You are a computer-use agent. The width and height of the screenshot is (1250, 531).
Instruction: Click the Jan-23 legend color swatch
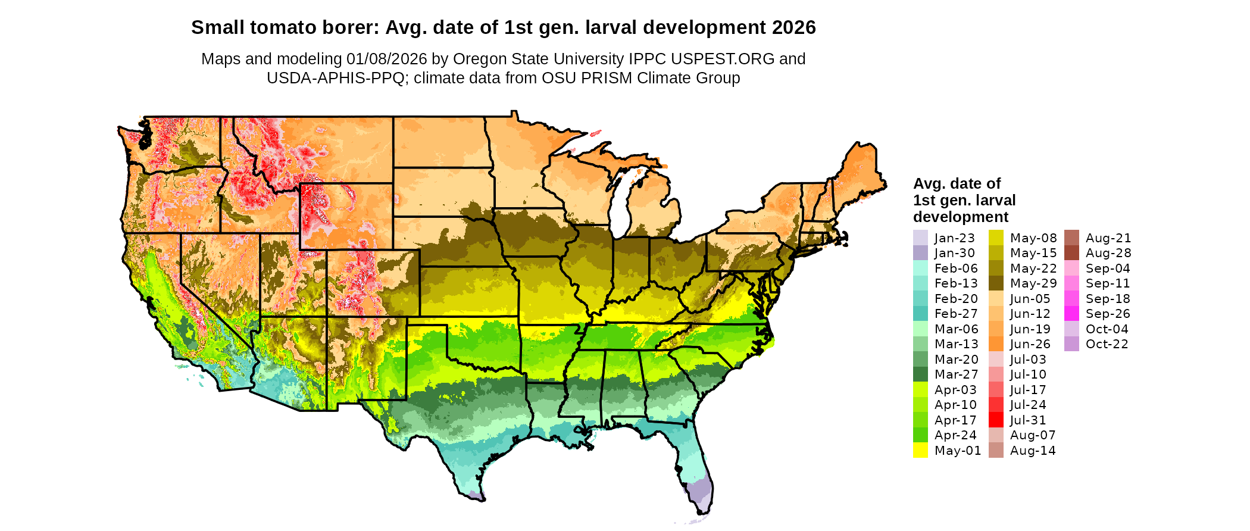click(x=920, y=238)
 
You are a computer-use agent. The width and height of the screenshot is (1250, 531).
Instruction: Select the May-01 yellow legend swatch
click(x=920, y=450)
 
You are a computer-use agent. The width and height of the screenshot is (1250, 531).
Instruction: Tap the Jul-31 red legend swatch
click(x=996, y=420)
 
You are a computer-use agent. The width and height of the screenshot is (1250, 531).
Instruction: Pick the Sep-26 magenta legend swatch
click(x=1071, y=313)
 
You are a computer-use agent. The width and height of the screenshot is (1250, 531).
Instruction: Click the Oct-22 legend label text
click(x=1107, y=344)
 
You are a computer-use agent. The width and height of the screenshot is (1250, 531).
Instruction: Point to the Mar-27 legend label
click(x=956, y=374)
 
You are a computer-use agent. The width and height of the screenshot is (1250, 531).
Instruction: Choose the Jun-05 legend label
click(x=1030, y=299)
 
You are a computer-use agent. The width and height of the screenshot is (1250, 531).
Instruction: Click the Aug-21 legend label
click(x=1108, y=238)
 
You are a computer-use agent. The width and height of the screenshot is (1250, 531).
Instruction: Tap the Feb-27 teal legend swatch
click(x=920, y=313)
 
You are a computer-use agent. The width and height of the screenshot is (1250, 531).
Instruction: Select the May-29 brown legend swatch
click(x=996, y=283)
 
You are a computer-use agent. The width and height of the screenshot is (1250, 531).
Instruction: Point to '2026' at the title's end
click(x=793, y=28)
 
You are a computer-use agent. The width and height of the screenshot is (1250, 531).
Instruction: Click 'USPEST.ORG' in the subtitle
click(x=723, y=59)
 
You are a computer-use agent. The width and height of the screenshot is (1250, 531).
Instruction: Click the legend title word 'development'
click(x=961, y=217)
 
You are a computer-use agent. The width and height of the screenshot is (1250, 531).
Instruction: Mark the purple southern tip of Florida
click(x=700, y=493)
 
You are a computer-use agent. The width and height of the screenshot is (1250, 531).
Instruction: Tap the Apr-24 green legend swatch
click(x=920, y=435)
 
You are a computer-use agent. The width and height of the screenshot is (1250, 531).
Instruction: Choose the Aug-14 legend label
click(x=1033, y=451)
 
